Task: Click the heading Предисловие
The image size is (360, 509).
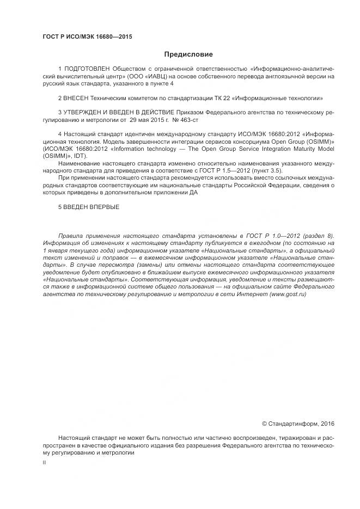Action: coord(188,54)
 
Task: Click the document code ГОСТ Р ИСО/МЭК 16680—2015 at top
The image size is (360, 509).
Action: coord(87,37)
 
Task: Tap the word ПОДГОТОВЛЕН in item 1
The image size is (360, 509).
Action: coord(87,70)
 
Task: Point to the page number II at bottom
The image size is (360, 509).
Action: coord(44,461)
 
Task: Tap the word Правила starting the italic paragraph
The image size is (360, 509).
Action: coord(70,237)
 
